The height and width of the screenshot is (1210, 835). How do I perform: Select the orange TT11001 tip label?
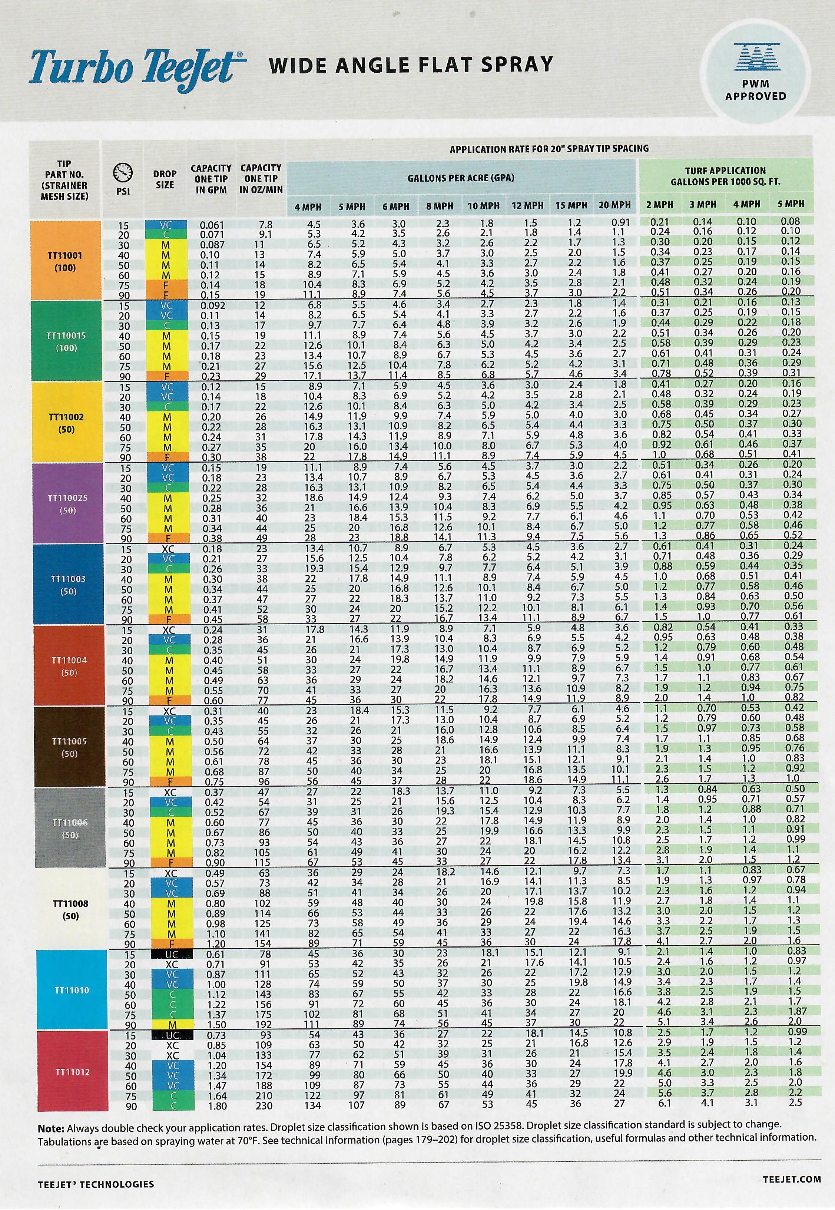pos(66,261)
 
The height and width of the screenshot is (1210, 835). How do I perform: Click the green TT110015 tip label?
pos(66,341)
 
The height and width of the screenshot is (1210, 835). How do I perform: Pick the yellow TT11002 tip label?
pos(66,423)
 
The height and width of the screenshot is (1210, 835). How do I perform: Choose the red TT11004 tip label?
pos(69,666)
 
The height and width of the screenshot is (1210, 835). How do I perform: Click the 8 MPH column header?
pos(439,206)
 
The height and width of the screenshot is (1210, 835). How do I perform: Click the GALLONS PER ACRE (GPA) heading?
pos(460,178)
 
